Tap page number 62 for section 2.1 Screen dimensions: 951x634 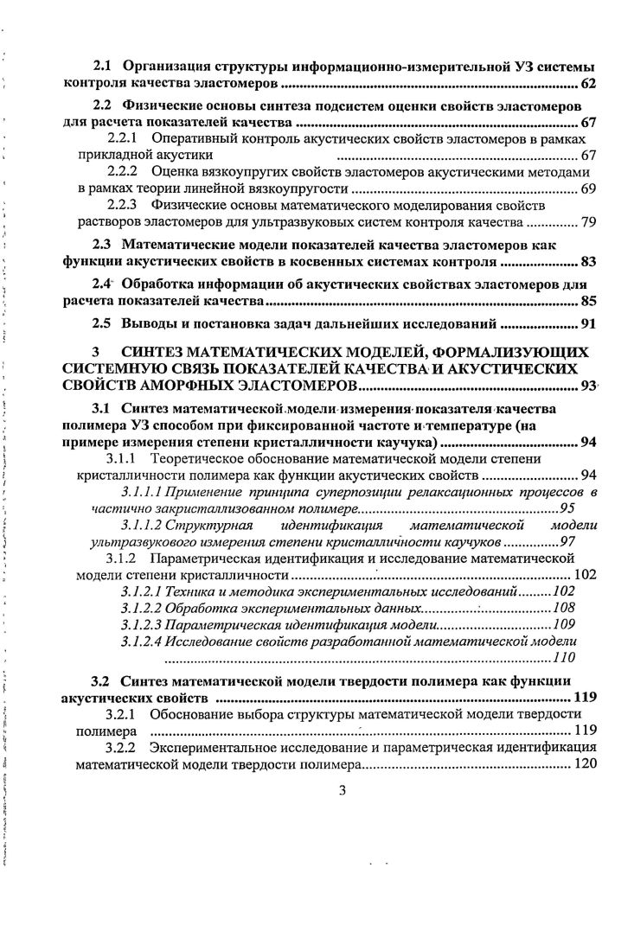(587, 85)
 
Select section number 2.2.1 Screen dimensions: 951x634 (125, 138)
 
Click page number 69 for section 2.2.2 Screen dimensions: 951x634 (587, 188)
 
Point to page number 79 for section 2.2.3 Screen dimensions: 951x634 (587, 222)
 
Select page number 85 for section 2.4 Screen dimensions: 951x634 (587, 302)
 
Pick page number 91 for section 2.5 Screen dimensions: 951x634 (587, 325)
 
